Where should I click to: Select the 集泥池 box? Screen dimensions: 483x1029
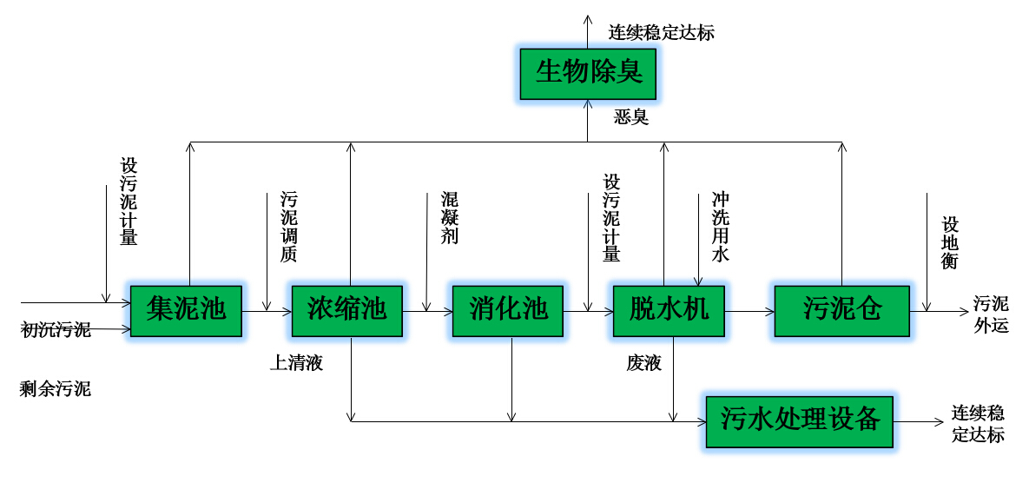[186, 310]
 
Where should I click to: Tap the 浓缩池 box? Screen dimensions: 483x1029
[346, 310]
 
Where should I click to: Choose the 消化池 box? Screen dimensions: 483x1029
[508, 310]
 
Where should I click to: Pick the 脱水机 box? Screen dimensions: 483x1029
[669, 310]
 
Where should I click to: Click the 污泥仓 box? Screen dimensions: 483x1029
[841, 310]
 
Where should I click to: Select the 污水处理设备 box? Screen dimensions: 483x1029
[800, 421]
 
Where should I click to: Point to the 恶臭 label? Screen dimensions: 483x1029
[631, 116]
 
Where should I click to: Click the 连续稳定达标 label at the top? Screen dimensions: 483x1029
[662, 33]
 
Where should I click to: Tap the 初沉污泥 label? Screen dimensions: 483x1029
[56, 329]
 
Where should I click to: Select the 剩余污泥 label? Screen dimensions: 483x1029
[56, 388]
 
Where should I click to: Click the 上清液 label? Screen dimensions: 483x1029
[296, 363]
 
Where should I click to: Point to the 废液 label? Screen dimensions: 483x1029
[643, 363]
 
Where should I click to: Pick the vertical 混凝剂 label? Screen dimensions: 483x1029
[449, 218]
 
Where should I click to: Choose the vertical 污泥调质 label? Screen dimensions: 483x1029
[288, 227]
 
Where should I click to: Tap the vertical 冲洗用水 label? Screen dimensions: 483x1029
[721, 227]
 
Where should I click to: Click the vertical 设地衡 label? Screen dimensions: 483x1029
[949, 241]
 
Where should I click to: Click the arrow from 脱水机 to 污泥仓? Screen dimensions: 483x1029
[749, 310]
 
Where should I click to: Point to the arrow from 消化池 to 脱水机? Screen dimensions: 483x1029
[588, 310]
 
